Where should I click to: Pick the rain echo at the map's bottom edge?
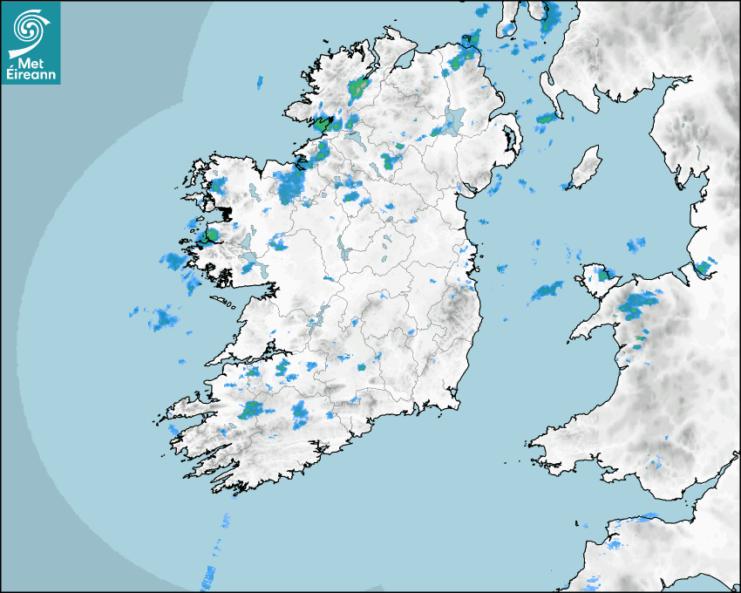point(209,576)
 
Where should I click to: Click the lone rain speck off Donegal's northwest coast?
point(259,83)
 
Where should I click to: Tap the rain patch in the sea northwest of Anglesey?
point(547,290)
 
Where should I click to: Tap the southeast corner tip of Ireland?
point(457,403)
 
